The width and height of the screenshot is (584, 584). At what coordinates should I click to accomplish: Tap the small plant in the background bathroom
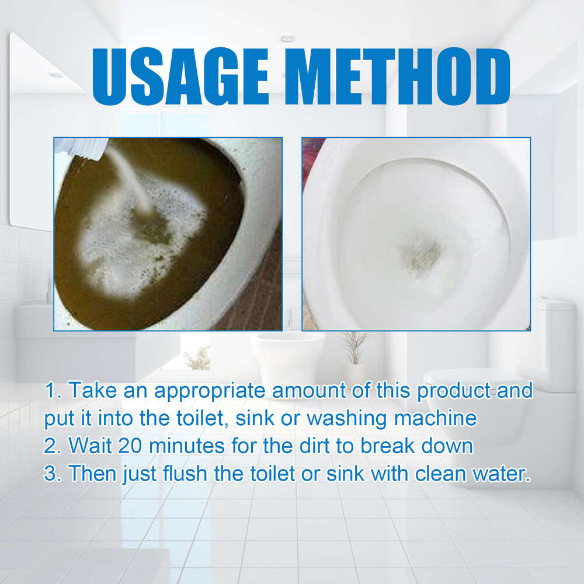pos(354,347)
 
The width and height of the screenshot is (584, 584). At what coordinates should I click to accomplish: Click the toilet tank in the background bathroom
pos(552,345)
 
